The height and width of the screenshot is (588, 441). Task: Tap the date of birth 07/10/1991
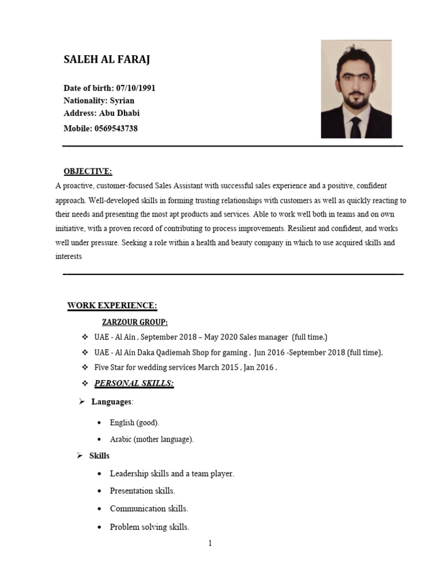coord(136,88)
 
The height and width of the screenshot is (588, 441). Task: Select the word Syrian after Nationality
coord(122,100)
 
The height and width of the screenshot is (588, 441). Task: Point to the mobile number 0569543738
coord(115,129)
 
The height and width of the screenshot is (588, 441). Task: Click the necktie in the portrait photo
coord(355,127)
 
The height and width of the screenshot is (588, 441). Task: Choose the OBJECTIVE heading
coord(88,172)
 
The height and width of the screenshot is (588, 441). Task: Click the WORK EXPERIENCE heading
coord(112,305)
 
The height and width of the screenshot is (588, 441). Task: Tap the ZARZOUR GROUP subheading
coord(135,322)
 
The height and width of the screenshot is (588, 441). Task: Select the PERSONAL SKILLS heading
coord(134,383)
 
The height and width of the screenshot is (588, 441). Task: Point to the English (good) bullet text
coord(135,423)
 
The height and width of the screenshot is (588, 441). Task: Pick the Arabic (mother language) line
coord(152,439)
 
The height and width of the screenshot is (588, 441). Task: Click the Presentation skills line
coord(142,491)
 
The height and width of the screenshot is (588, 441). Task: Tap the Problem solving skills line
coord(149,527)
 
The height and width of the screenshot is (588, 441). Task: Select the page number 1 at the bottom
coord(210,544)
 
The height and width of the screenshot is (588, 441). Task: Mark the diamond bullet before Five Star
coord(85,367)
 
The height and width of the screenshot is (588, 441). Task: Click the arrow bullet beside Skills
coord(80,456)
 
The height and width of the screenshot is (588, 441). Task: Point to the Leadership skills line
coord(172,474)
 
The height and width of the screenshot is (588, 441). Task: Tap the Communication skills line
coord(149,509)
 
